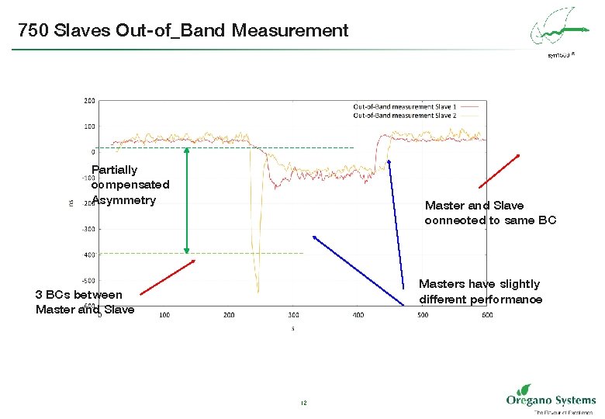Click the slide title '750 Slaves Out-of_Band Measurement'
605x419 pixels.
183,30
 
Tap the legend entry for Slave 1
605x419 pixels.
404,106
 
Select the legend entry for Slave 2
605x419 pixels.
404,115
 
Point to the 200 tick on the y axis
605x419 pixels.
90,100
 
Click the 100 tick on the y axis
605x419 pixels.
90,126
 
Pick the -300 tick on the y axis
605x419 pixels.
89,229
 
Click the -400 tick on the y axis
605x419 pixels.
89,255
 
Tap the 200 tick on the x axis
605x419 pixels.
229,315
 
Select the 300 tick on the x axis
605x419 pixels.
293,315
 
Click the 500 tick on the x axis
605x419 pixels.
422,315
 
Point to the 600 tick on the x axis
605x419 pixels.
486,315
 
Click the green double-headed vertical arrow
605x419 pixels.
186,200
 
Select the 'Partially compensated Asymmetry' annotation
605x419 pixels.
130,185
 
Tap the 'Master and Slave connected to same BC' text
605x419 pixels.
490,213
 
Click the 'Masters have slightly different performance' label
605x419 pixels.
480,292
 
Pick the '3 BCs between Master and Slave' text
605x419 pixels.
85,302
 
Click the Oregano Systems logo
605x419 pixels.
550,399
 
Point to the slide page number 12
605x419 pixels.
303,403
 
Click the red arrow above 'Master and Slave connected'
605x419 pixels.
499,171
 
